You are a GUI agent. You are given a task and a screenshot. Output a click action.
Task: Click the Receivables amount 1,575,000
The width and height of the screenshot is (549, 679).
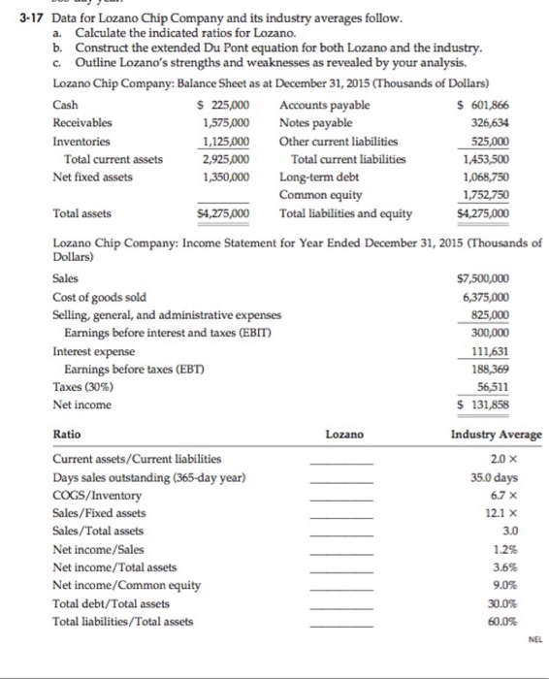tap(227, 123)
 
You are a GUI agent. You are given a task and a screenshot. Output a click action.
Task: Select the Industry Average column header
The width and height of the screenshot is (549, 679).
tap(497, 435)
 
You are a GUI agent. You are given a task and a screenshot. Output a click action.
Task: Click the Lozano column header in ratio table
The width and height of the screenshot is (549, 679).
tap(344, 435)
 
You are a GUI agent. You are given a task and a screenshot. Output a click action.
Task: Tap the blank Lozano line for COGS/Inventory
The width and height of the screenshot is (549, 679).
tap(340, 497)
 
